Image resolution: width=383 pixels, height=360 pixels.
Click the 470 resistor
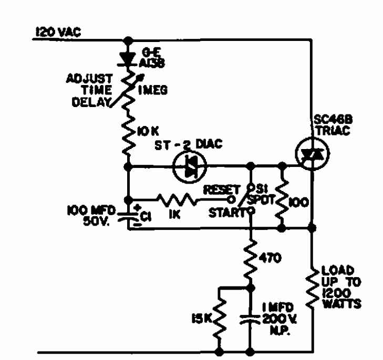pos(250,257)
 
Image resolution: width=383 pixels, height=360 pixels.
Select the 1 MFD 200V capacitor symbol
pos(250,317)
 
